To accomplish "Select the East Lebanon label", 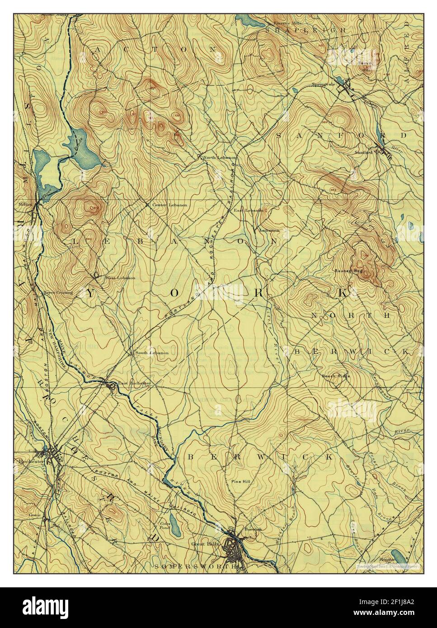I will pos(248,211).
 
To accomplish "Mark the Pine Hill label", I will pos(240,482).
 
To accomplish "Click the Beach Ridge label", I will pos(336,376).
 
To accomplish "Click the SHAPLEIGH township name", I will pos(305,30).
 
